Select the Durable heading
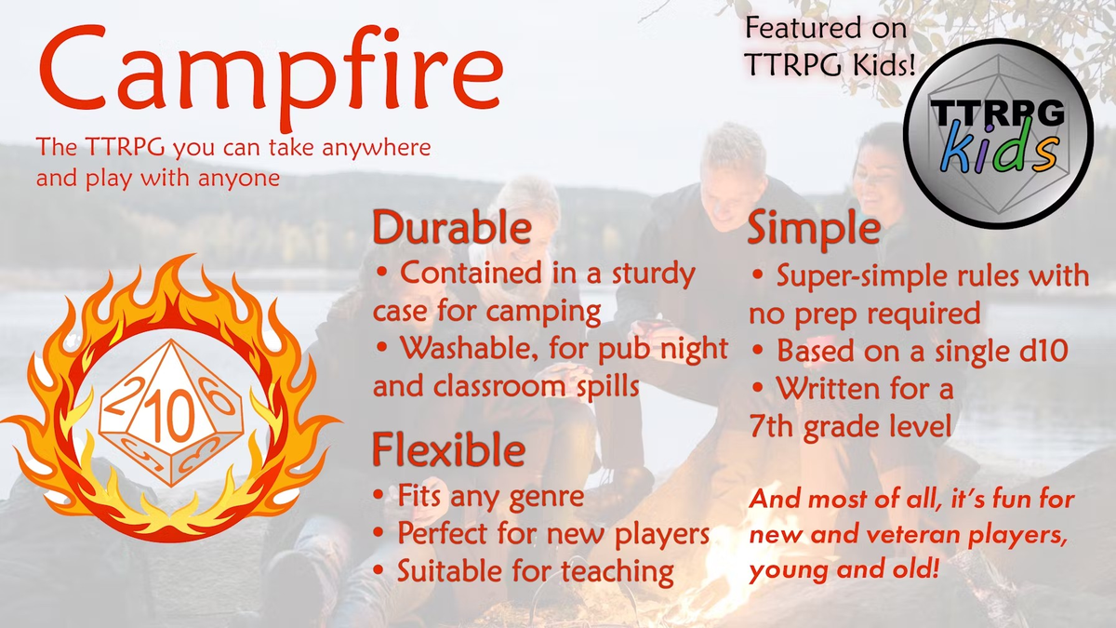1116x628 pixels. (x=452, y=229)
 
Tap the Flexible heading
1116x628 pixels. (x=448, y=451)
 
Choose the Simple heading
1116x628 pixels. (x=814, y=229)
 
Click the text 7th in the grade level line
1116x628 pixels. (x=771, y=427)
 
